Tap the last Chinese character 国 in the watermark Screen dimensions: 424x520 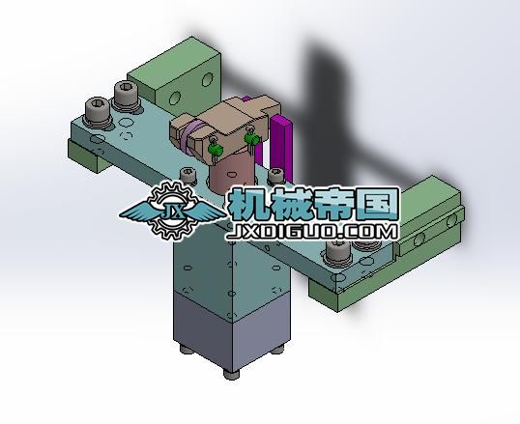click(377, 203)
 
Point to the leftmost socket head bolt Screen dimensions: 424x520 click(97, 110)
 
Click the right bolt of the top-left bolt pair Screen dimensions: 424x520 click(126, 97)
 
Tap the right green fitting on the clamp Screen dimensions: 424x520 click(252, 142)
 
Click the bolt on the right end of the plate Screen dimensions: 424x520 click(337, 255)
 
